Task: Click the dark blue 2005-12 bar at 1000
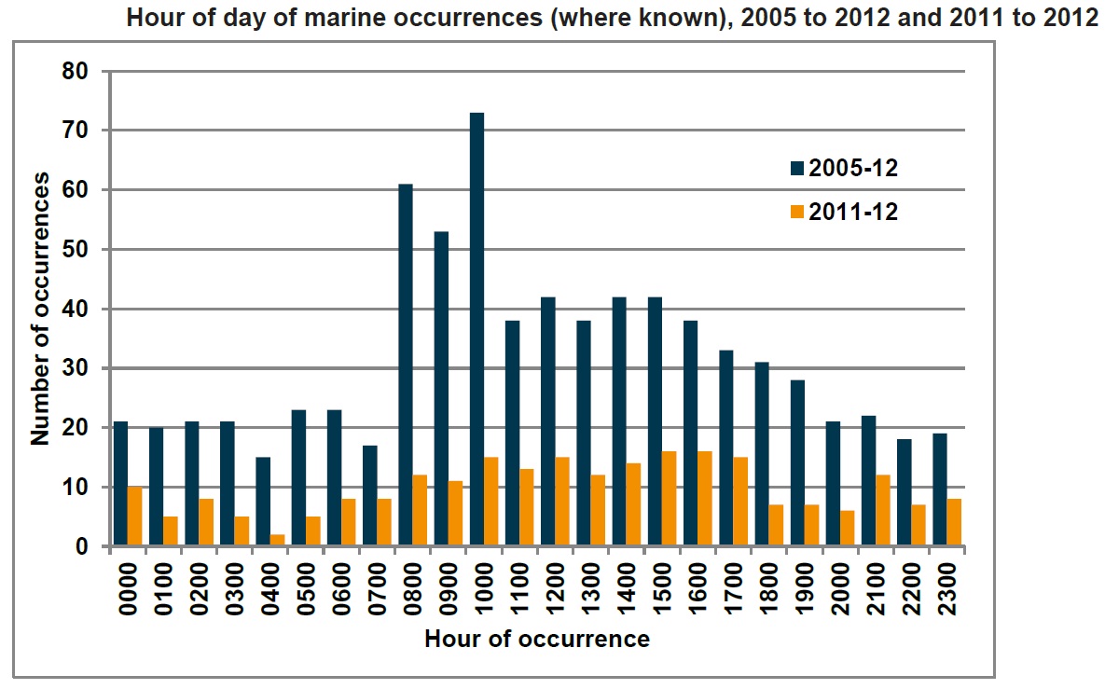pyautogui.click(x=477, y=329)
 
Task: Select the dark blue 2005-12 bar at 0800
pyautogui.click(x=406, y=365)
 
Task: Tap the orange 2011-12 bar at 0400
pyautogui.click(x=278, y=540)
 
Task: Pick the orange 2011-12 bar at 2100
pyautogui.click(x=883, y=511)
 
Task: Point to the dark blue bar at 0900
pyautogui.click(x=441, y=389)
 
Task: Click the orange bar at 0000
pyautogui.click(x=135, y=517)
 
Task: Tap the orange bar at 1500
pyautogui.click(x=670, y=499)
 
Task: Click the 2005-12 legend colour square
pyautogui.click(x=796, y=169)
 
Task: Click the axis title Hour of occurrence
pyautogui.click(x=537, y=640)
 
